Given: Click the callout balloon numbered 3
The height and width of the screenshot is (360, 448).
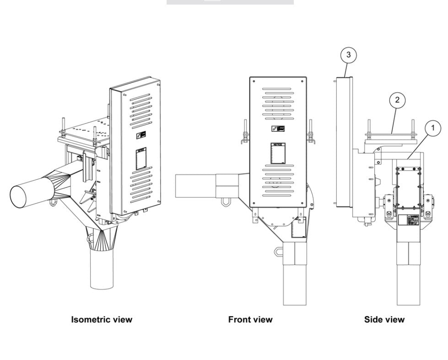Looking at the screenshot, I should pyautogui.click(x=349, y=55).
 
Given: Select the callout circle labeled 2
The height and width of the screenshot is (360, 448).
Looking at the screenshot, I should pyautogui.click(x=397, y=100).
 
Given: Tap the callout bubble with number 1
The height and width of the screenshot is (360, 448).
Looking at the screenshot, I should pyautogui.click(x=433, y=129).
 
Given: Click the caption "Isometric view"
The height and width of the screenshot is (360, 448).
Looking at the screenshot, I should pyautogui.click(x=102, y=319).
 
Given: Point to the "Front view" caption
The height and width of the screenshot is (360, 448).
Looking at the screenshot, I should pyautogui.click(x=250, y=319).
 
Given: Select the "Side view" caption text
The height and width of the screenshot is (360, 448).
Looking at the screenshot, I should pyautogui.click(x=384, y=319).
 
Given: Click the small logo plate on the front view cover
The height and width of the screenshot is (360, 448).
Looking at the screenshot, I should pyautogui.click(x=278, y=129).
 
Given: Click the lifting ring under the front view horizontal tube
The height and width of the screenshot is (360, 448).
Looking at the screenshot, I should pyautogui.click(x=226, y=201).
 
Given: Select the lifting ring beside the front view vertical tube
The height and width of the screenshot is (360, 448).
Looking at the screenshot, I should pyautogui.click(x=278, y=251).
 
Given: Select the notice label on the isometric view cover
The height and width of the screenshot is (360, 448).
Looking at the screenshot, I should pyautogui.click(x=140, y=159).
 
